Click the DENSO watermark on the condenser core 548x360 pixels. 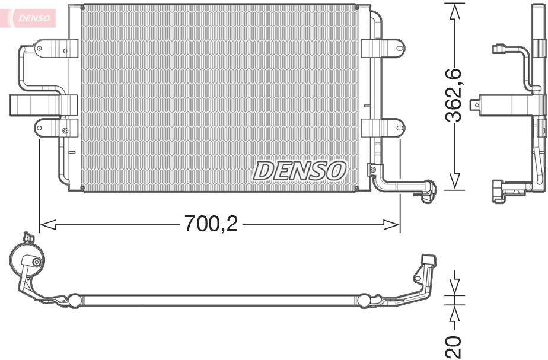click(300, 171)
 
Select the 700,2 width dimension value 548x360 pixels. click(211, 224)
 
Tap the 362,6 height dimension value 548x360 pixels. click(454, 95)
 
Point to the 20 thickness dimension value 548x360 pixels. click(454, 346)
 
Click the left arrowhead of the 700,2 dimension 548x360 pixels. click(48, 225)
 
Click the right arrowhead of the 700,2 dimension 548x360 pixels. click(391, 225)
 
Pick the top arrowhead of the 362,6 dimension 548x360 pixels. click(454, 12)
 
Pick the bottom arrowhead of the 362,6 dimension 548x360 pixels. click(454, 181)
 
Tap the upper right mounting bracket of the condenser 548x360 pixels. click(383, 48)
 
